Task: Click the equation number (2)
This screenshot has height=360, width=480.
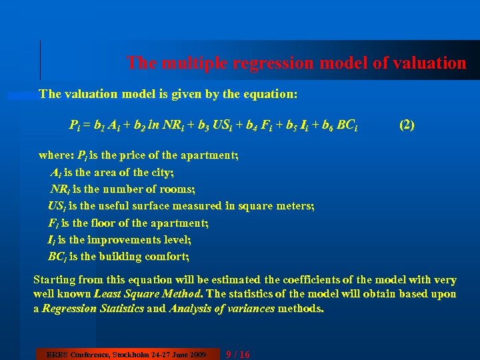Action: click(407, 124)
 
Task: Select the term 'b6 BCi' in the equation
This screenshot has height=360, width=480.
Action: click(339, 125)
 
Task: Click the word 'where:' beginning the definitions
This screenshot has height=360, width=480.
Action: click(56, 155)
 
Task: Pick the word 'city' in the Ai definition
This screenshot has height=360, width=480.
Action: click(160, 172)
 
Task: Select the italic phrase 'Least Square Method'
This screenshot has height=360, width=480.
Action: click(146, 294)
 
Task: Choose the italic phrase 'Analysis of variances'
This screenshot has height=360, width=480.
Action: click(222, 309)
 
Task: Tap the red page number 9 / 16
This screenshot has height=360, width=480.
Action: click(238, 354)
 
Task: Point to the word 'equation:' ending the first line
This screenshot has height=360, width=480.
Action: click(271, 94)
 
